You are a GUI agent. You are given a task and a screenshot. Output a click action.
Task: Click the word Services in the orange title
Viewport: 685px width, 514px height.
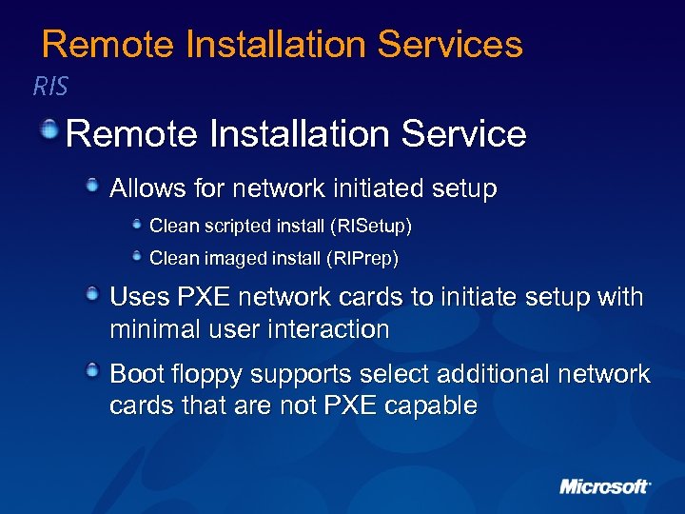point(450,45)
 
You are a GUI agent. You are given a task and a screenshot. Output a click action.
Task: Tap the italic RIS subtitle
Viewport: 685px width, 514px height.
point(50,88)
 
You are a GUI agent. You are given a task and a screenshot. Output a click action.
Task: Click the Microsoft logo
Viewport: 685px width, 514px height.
point(604,486)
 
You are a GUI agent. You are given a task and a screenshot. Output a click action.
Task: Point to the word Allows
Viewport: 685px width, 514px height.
point(147,188)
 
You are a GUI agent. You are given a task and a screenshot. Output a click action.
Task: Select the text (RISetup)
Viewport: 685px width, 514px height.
point(369,227)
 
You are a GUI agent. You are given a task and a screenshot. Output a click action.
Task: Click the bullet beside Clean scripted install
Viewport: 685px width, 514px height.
point(138,225)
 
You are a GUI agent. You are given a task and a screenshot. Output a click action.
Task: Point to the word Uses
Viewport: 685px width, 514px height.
point(140,297)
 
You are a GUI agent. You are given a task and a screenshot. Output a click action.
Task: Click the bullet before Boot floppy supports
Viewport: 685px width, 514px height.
point(93,369)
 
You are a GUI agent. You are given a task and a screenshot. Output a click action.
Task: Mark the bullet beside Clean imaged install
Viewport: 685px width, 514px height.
point(138,255)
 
